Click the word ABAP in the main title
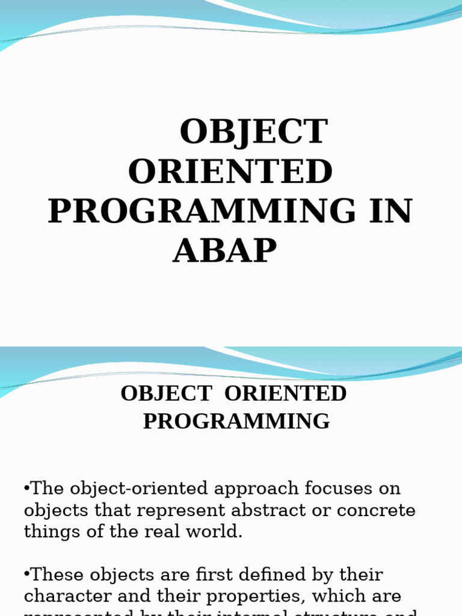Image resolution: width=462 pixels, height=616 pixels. click(224, 250)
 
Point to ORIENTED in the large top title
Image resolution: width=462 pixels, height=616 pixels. click(230, 171)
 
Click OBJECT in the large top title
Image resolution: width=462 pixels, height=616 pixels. click(254, 132)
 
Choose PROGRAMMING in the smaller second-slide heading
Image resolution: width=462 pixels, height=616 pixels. click(236, 421)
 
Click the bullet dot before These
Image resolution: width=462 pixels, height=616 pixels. click(27, 574)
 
